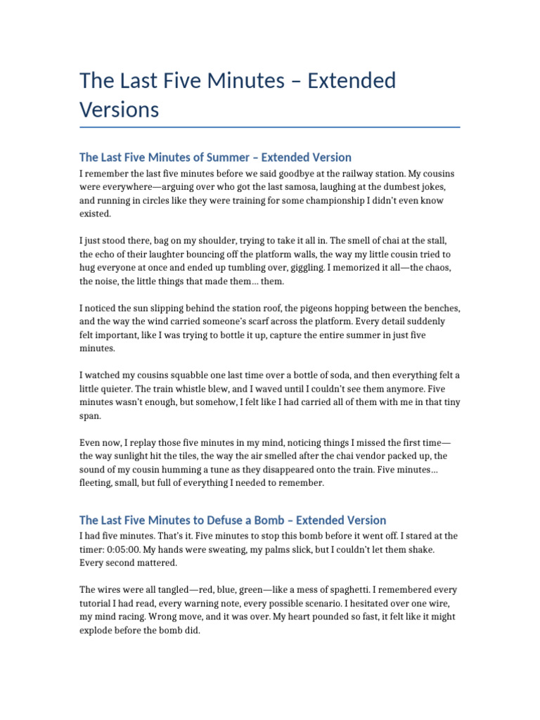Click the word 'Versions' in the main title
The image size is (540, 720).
(x=120, y=110)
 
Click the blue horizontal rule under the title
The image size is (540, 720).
(x=270, y=127)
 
